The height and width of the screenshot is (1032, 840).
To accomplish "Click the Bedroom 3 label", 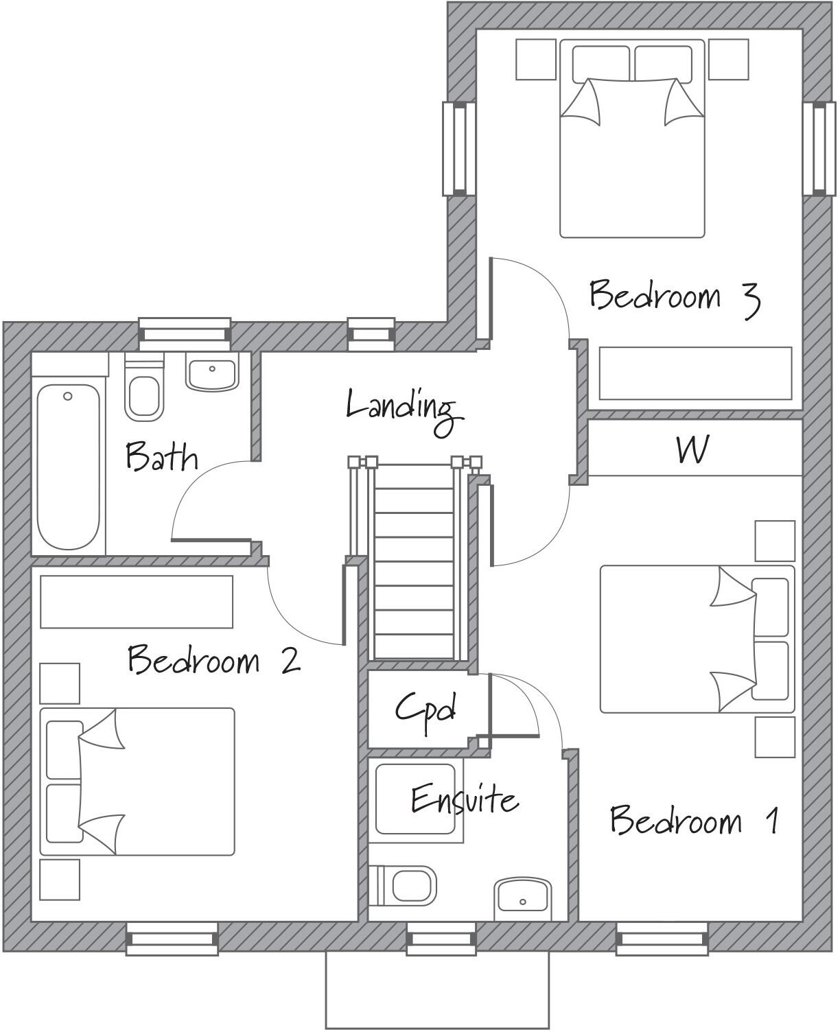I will [x=674, y=296].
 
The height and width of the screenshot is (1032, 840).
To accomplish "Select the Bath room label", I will [x=161, y=458].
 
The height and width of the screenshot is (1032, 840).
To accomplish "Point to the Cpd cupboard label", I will [x=425, y=709].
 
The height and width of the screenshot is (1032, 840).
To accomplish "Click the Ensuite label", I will [x=464, y=799].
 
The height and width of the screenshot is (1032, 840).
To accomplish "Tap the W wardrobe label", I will [x=692, y=450].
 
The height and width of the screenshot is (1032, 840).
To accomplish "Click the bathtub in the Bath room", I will [x=67, y=467].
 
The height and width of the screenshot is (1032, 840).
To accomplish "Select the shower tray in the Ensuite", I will [x=417, y=799].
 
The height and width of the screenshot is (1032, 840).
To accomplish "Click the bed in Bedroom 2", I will [x=137, y=782].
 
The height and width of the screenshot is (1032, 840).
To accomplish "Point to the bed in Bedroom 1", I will [x=697, y=639].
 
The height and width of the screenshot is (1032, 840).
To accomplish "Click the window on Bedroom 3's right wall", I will [x=819, y=148].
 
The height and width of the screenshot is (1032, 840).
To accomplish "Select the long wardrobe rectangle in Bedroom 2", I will [x=137, y=602].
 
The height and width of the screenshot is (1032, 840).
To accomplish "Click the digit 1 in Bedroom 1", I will [x=773, y=821].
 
